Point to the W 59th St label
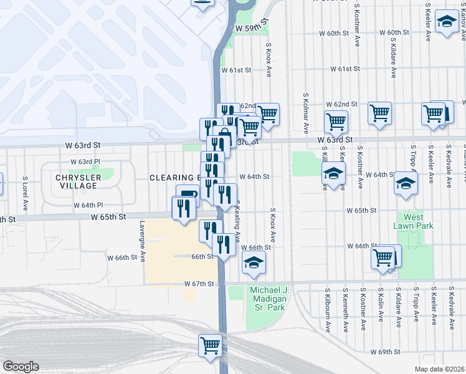tap(251, 29)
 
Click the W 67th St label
tap(199, 284)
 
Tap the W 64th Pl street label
tap(88, 205)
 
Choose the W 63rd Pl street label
tap(85, 162)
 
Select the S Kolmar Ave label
tap(306, 113)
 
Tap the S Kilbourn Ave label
tap(328, 309)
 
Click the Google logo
tap(21, 367)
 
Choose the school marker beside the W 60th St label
tap(446, 23)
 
